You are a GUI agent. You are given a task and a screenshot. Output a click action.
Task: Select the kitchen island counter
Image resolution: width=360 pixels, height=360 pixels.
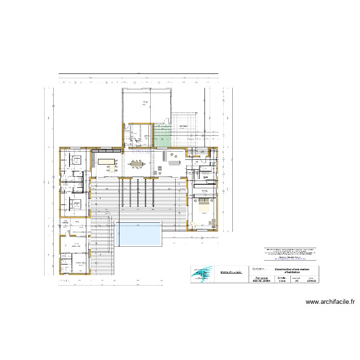click(108, 162)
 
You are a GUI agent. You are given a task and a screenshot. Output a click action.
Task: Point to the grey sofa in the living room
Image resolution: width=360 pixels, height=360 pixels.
click(172, 163)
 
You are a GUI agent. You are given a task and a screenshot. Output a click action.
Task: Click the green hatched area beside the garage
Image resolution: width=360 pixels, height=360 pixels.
click(163, 135)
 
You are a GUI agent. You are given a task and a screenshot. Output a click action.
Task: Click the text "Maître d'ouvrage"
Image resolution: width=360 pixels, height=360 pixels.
click(231, 272)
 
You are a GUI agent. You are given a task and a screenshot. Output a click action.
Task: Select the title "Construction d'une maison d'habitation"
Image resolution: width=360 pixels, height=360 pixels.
click(291, 271)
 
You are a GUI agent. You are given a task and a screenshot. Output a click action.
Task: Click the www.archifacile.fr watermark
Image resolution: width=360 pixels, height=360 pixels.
click(330, 302)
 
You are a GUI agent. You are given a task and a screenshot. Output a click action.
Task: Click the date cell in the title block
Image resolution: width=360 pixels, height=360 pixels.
click(311, 279)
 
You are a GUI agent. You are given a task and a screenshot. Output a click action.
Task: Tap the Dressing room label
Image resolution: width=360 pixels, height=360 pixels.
click(204, 191)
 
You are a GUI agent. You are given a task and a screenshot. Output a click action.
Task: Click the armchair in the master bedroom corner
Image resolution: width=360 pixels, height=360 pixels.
click(212, 223)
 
